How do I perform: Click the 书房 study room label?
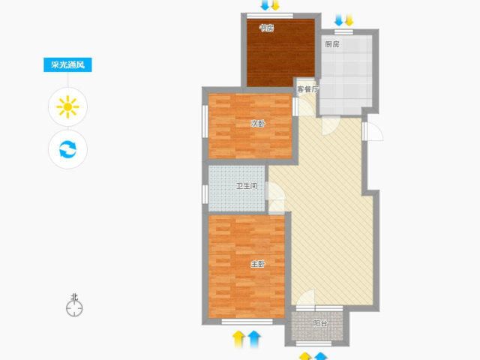[x=266, y=28]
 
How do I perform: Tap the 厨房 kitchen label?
[x=332, y=44]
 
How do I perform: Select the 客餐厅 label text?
[x=307, y=89]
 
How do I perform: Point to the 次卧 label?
[x=258, y=123]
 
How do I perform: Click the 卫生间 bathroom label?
[x=247, y=186]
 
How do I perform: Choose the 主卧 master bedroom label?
[x=258, y=264]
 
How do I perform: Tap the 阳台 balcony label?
[x=320, y=323]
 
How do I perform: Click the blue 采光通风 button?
[x=67, y=65]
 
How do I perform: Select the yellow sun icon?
[x=67, y=106]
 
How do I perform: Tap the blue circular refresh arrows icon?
[x=67, y=149]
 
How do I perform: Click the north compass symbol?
[x=74, y=305]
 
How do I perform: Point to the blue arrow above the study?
[x=265, y=5]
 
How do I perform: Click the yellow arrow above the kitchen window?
[x=349, y=20]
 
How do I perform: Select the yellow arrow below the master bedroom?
[x=238, y=339]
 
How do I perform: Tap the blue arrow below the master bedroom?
[x=254, y=339]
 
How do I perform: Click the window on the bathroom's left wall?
[x=205, y=194]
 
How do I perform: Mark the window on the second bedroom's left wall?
[x=205, y=121]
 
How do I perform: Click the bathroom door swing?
[x=275, y=190]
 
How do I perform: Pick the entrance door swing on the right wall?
[x=373, y=132]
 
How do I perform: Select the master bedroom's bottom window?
[x=247, y=322]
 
